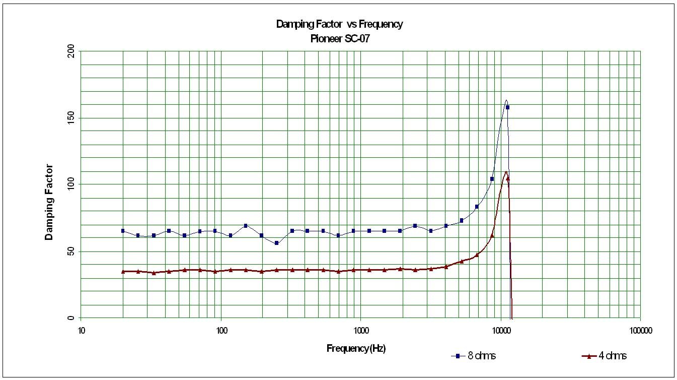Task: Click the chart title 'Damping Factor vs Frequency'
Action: [x=339, y=24]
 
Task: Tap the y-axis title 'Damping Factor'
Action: [x=49, y=202]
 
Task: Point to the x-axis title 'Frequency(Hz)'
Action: [x=356, y=348]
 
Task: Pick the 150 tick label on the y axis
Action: [x=70, y=118]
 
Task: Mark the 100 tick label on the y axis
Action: [x=70, y=185]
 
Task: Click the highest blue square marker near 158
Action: [x=507, y=107]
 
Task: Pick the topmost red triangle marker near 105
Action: [x=507, y=178]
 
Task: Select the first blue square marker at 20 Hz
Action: [x=123, y=231]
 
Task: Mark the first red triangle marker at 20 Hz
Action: [x=123, y=271]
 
